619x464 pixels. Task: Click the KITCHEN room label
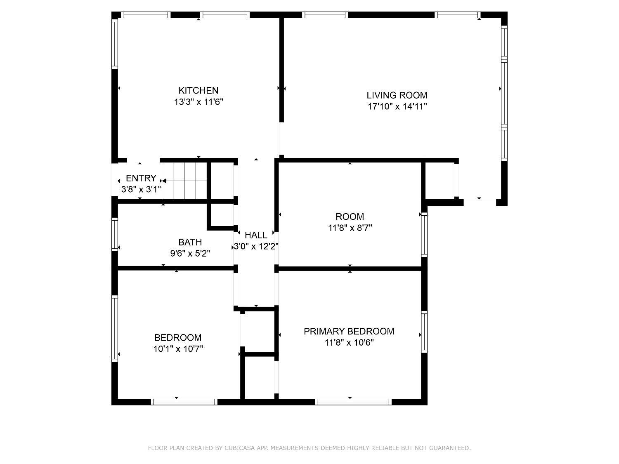pyautogui.click(x=198, y=90)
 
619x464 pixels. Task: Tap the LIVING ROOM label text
pyautogui.click(x=397, y=95)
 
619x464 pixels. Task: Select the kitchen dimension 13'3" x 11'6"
pyautogui.click(x=198, y=102)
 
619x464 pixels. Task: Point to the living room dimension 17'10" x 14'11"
pyautogui.click(x=397, y=106)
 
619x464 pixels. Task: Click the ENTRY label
pyautogui.click(x=141, y=178)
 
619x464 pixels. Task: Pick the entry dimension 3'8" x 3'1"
pyautogui.click(x=141, y=189)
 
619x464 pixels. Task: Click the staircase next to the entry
pyautogui.click(x=184, y=181)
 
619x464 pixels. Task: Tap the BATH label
pyautogui.click(x=190, y=242)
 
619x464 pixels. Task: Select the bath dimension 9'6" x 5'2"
pyautogui.click(x=190, y=253)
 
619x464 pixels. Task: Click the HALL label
pyautogui.click(x=256, y=235)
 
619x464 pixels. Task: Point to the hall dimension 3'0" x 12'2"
pyautogui.click(x=256, y=247)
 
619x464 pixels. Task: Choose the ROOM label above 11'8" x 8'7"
pyautogui.click(x=350, y=217)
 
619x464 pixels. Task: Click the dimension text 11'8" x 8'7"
pyautogui.click(x=350, y=228)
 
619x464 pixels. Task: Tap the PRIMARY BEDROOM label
pyautogui.click(x=349, y=331)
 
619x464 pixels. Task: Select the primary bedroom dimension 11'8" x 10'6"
pyautogui.click(x=349, y=342)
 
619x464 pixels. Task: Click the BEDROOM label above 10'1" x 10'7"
pyautogui.click(x=178, y=337)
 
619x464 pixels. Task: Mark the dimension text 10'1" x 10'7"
pyautogui.click(x=178, y=349)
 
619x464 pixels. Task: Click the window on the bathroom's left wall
pyautogui.click(x=115, y=234)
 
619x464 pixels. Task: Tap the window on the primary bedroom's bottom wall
pyautogui.click(x=353, y=402)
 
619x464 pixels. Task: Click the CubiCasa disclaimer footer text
pyautogui.click(x=309, y=448)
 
